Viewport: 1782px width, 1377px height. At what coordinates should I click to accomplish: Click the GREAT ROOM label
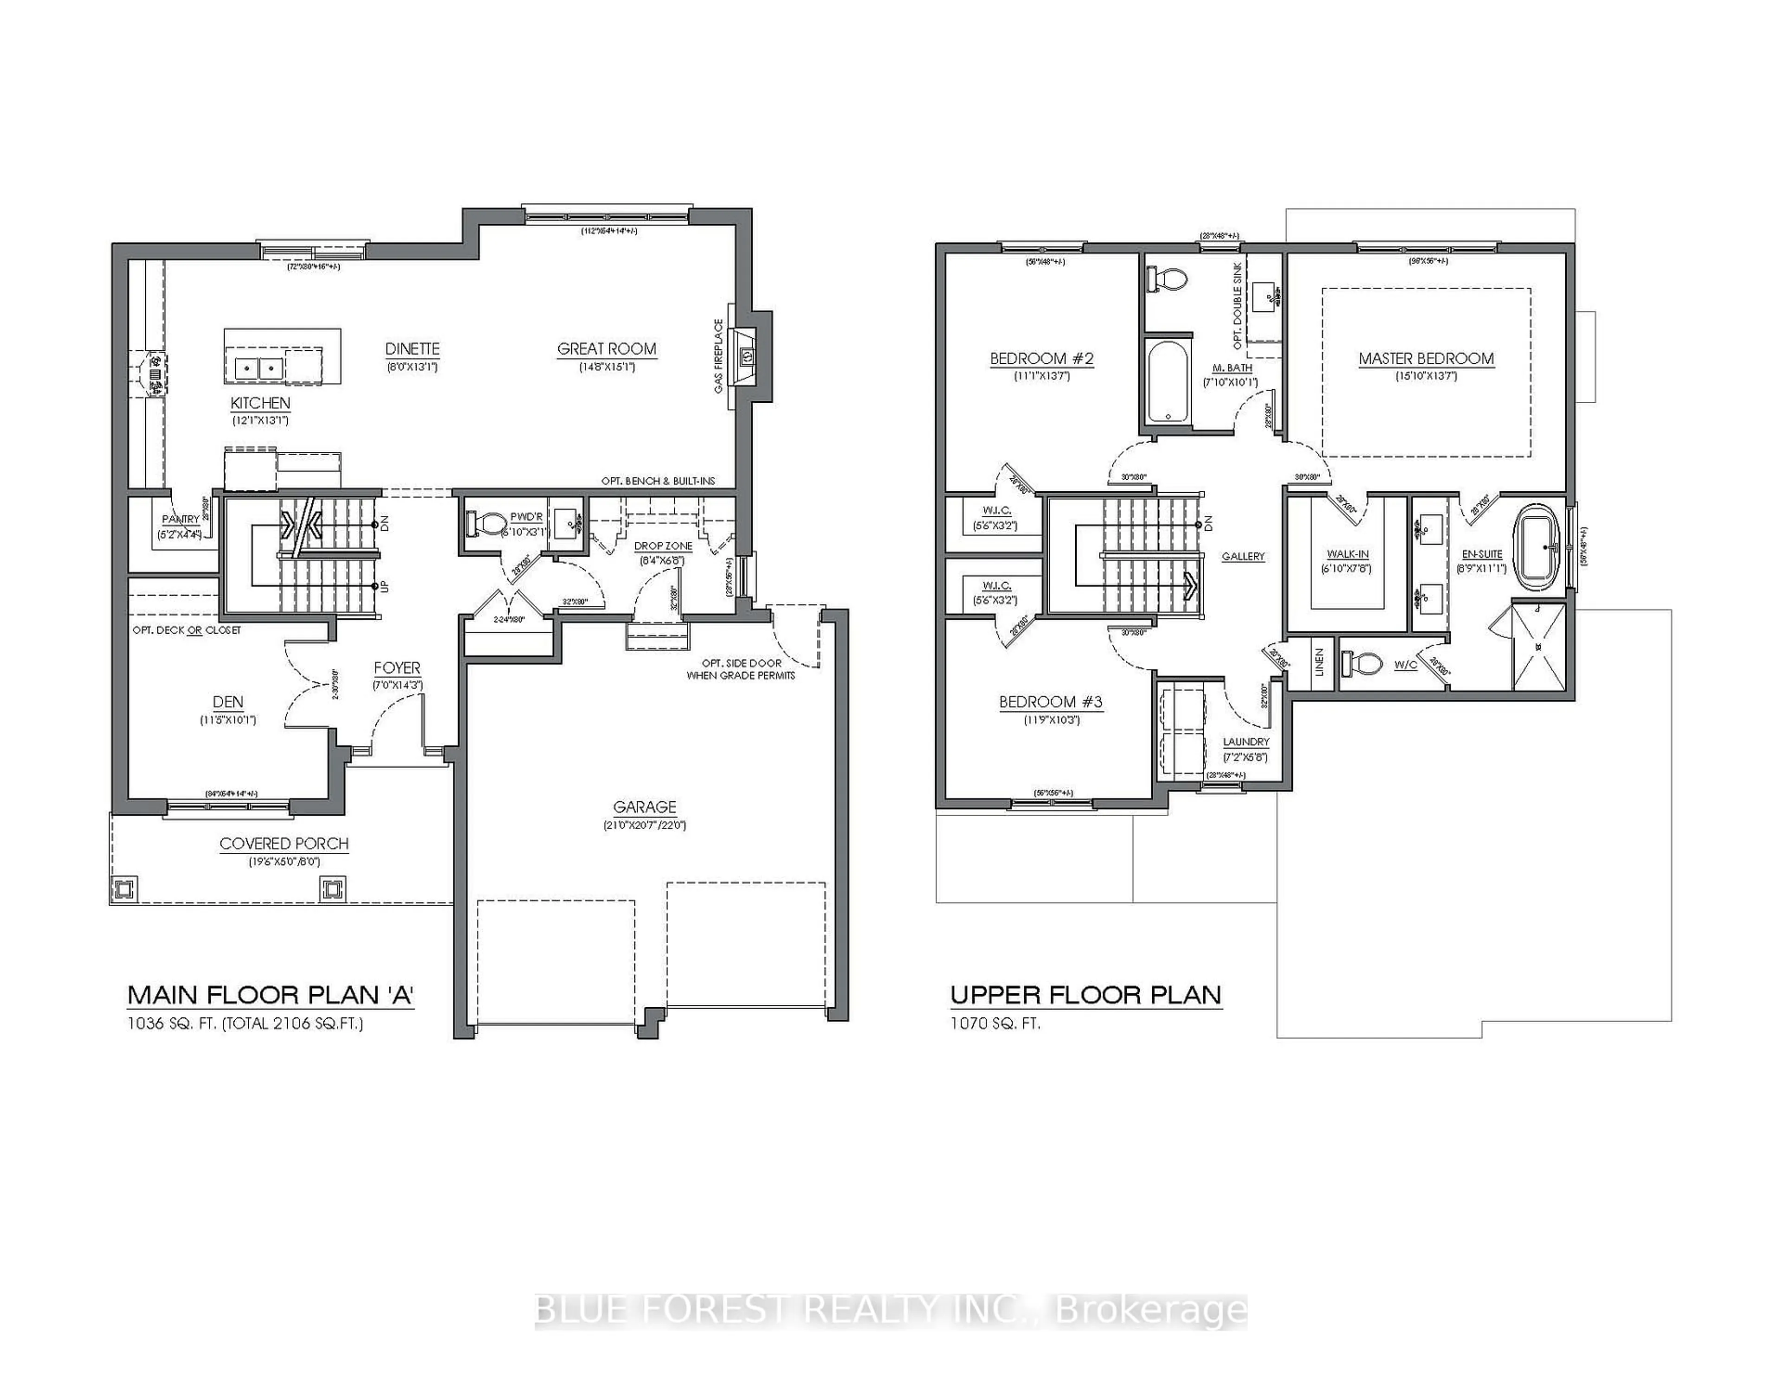point(606,349)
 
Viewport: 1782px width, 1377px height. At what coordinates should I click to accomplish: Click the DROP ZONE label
point(663,546)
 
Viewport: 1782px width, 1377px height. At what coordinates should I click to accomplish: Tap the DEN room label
point(228,701)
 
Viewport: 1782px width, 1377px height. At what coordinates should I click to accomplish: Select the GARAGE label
point(645,807)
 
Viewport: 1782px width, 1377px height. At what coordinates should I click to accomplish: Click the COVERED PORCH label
point(284,843)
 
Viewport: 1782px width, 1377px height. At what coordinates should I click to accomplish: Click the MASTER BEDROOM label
point(1426,358)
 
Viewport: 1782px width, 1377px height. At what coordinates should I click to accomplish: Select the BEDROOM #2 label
point(1041,358)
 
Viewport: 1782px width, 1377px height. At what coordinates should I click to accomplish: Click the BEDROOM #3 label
point(1051,701)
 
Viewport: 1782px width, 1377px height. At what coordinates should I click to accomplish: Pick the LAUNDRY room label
point(1246,741)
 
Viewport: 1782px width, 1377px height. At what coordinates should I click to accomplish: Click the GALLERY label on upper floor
point(1243,556)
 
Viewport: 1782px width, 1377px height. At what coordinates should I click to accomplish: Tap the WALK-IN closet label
point(1348,554)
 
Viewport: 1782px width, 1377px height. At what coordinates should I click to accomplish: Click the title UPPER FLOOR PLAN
point(1085,995)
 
